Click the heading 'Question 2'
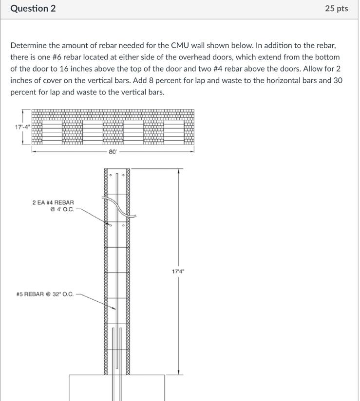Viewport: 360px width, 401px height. coord(33,9)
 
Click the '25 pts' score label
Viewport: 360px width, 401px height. coord(336,9)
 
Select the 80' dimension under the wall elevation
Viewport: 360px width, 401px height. coord(113,152)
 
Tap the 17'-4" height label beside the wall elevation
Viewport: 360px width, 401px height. coord(22,127)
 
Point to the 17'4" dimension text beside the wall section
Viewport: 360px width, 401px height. coord(178,272)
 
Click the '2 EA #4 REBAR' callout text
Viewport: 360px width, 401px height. coord(53,202)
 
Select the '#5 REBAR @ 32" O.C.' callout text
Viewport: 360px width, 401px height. coord(45,294)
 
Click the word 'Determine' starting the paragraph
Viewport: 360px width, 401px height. coord(28,46)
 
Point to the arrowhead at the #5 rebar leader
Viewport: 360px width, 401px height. coord(114,308)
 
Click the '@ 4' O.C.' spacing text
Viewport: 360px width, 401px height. coord(61,210)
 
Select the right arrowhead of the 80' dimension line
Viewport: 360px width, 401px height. coord(192,152)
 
